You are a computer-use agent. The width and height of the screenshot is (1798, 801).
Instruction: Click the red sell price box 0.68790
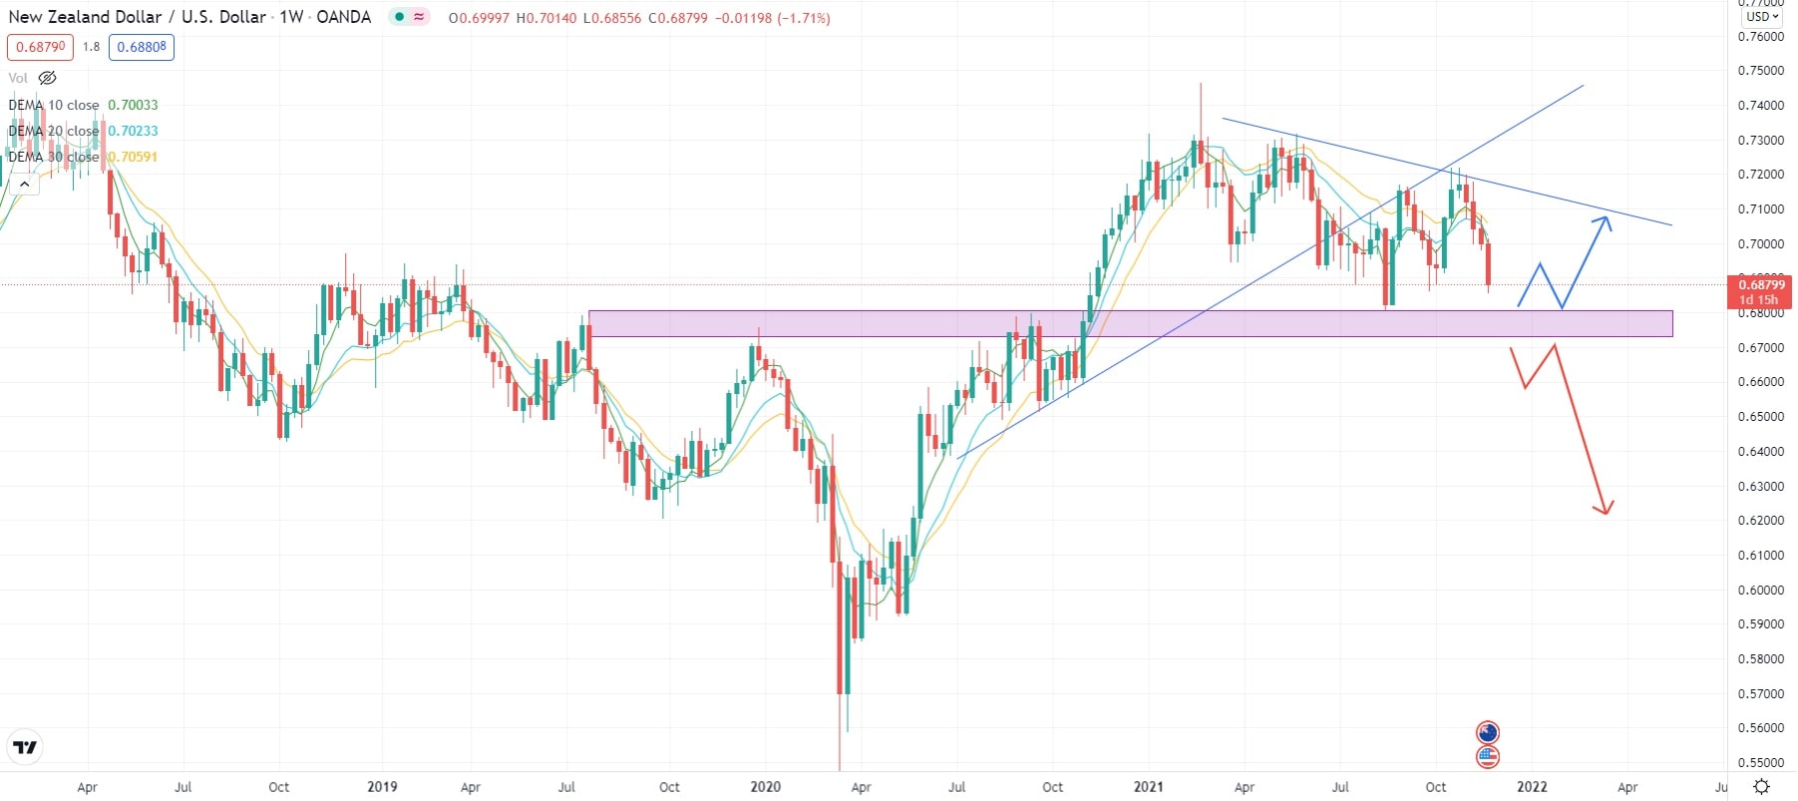(41, 47)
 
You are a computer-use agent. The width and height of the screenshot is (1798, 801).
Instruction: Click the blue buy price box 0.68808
(142, 47)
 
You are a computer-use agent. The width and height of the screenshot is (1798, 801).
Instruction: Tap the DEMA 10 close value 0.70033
(133, 105)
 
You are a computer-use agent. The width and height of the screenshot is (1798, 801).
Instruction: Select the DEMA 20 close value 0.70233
(133, 131)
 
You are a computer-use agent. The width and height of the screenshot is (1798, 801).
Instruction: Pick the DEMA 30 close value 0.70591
(133, 157)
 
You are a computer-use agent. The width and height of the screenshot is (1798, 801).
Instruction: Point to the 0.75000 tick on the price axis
(1760, 71)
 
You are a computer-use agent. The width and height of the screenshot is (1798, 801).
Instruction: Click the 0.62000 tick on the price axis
(1760, 521)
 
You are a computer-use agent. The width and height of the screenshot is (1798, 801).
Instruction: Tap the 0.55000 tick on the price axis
(1760, 763)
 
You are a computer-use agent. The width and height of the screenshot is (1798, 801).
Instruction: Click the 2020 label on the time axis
(765, 787)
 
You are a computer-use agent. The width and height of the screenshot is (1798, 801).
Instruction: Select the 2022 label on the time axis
(1531, 787)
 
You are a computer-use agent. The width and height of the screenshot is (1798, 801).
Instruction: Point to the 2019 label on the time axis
(382, 787)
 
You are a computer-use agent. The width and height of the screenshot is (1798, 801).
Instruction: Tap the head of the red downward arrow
(1604, 510)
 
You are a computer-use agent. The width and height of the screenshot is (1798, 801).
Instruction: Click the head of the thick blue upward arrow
(1606, 221)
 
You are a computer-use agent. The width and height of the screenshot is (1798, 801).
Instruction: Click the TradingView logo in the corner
(25, 747)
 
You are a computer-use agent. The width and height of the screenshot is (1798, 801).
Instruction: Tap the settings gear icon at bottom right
(1761, 787)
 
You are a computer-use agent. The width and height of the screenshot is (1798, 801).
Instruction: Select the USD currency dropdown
(1762, 16)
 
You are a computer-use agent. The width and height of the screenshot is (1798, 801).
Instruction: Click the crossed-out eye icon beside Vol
(47, 78)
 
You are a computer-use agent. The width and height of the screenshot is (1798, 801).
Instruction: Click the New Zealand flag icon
(1487, 733)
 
